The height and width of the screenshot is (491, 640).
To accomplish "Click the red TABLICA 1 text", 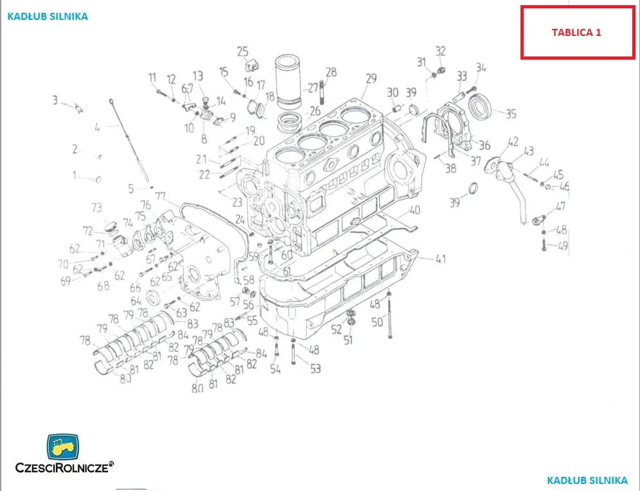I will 576,32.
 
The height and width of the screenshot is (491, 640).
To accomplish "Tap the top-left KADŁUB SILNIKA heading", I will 47,17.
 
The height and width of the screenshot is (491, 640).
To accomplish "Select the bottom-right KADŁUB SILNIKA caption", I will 587,480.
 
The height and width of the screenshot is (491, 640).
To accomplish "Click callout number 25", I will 242,51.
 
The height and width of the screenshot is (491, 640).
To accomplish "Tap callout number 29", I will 371,78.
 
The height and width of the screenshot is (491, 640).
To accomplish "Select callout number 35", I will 511,114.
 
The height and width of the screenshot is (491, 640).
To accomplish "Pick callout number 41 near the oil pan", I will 440,259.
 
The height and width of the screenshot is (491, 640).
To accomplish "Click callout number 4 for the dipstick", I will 97,128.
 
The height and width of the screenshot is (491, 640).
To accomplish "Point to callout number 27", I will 313,88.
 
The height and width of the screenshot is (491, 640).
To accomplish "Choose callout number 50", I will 377,322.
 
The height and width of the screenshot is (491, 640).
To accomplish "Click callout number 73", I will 96,207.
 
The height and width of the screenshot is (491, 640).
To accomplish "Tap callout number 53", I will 315,368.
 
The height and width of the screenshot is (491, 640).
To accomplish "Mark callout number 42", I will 513,141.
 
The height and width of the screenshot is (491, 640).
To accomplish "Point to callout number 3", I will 55,100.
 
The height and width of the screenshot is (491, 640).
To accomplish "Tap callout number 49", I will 563,246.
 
